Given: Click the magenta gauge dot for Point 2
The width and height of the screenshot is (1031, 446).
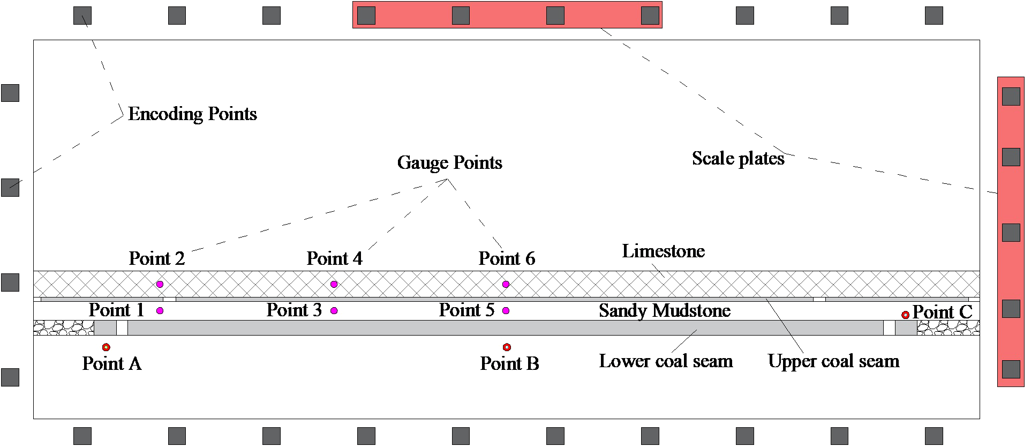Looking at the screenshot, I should pos(160,284).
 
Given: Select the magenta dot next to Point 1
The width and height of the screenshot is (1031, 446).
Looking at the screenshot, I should pos(160,310).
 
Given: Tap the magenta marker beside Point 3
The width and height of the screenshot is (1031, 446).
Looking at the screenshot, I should pos(334,310).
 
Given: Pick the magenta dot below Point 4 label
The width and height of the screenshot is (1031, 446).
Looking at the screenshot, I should pos(334,284).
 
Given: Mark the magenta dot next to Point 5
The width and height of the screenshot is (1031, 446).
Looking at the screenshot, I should pos(506,310).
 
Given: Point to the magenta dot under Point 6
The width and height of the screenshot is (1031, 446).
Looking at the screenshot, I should pos(506,284).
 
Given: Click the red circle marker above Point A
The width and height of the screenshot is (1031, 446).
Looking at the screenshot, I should pos(106,347).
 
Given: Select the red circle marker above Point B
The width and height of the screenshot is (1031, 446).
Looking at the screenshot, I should pos(507,347).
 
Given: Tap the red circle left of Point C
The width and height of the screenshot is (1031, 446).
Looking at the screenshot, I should pos(905,315).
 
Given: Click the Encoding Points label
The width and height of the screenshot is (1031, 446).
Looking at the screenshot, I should pos(192,114).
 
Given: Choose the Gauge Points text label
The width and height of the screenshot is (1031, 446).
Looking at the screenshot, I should pos(449,163).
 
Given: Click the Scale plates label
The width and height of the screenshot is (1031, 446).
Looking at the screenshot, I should pos(738,159).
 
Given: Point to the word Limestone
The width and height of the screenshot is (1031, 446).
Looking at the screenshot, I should pos(663,251).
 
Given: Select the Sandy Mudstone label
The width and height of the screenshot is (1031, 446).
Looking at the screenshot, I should pos(664,311).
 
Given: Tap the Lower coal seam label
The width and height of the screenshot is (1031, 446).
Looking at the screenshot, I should pos(666,361).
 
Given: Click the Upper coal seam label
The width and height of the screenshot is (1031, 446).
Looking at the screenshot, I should pos(833,361).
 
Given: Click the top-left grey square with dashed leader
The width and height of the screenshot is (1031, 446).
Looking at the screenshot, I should pos(82,16).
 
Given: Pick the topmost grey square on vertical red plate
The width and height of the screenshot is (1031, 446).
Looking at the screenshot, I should pos(1011,96).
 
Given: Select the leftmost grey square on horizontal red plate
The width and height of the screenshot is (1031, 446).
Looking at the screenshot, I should pos(366,16).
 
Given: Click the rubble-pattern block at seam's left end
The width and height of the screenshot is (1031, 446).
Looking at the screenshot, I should pos(64,328).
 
